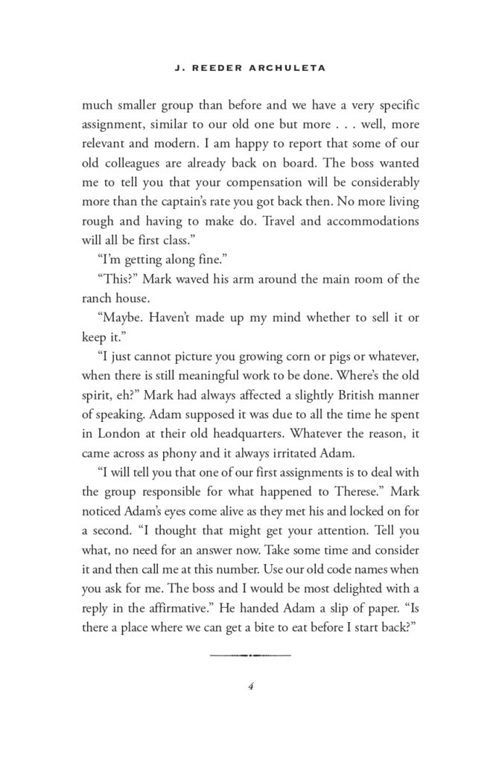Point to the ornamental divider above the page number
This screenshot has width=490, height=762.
coord(250,655)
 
